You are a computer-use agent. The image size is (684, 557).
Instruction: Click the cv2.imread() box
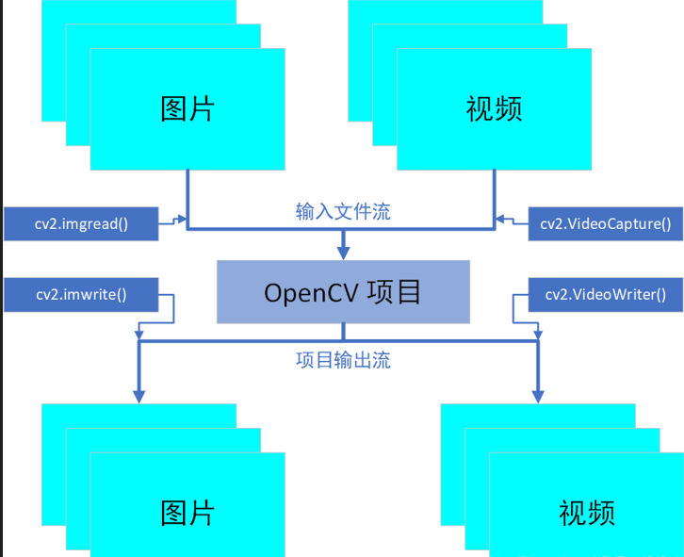[x=82, y=223]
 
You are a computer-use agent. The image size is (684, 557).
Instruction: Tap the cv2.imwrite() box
[x=82, y=294]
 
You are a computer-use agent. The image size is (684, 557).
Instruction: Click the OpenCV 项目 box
[x=343, y=292]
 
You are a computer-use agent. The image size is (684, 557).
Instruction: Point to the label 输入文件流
[x=343, y=211]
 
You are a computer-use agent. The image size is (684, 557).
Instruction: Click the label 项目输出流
[x=343, y=360]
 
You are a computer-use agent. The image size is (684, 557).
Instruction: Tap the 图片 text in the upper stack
[x=187, y=108]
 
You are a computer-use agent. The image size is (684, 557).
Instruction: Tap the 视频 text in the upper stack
[x=494, y=108]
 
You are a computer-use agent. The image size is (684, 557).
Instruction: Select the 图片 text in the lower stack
[x=187, y=513]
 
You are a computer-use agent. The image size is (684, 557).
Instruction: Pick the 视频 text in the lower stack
[x=587, y=513]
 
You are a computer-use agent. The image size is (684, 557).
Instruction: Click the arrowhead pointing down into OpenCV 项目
[x=343, y=252]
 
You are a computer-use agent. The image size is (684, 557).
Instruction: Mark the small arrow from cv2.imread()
[x=175, y=223]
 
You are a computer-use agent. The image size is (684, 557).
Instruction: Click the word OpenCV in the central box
[x=301, y=292]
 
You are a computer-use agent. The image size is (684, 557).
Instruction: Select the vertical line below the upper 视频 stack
[x=495, y=198]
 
